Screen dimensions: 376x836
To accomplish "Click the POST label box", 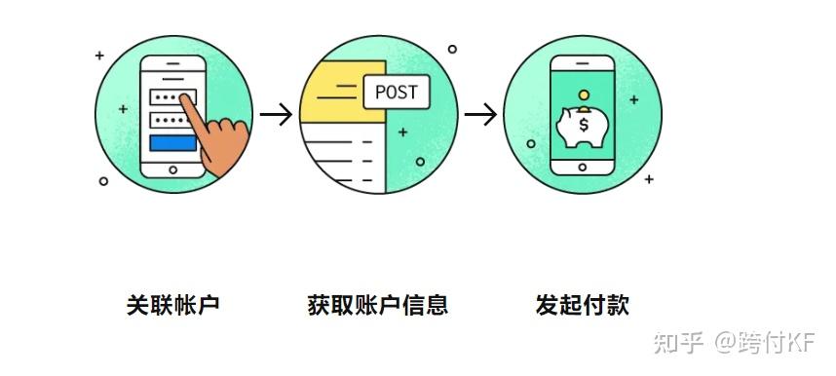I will coord(395,93).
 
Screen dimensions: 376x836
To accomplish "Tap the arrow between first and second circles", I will coord(277,114).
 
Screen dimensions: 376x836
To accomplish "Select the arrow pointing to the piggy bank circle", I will coord(480,114).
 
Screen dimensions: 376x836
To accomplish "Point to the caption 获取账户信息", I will coord(377,305).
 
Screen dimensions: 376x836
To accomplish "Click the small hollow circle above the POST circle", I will coord(451,48).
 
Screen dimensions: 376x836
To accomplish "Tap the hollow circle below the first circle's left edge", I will coord(104,181).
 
